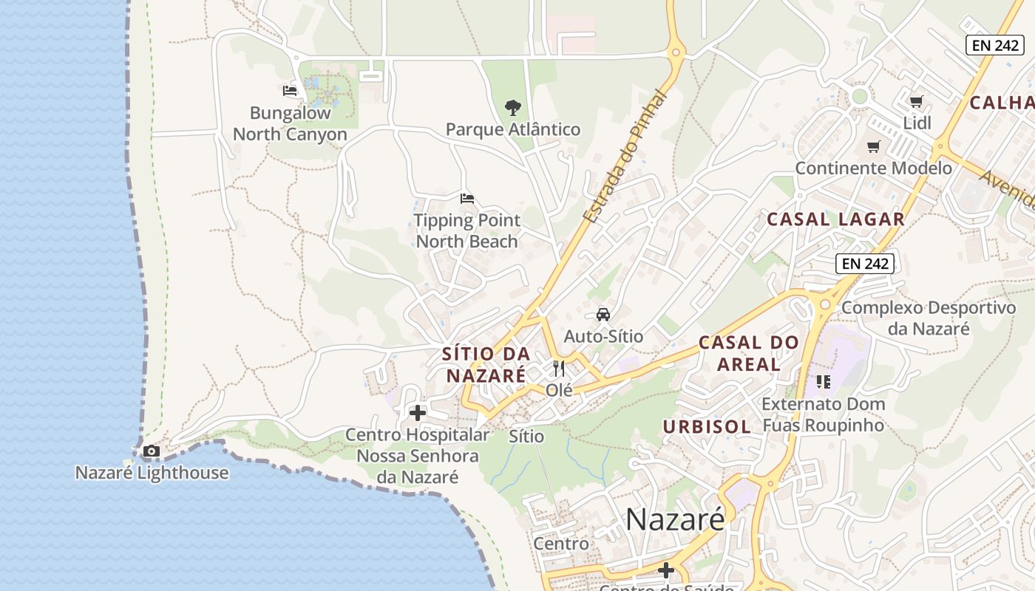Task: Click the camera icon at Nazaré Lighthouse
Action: [x=151, y=451]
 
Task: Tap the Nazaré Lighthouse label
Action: [x=152, y=473]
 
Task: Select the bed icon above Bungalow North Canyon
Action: [x=290, y=91]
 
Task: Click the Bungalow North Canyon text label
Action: [x=290, y=124]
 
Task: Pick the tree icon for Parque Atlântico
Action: [x=512, y=108]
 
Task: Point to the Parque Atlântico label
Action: [x=512, y=130]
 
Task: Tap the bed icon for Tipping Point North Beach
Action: [x=466, y=199]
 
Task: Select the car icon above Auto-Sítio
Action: [x=603, y=314]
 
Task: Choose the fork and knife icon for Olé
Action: [x=559, y=368]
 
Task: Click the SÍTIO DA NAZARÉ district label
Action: [x=486, y=364]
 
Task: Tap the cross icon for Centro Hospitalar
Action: [x=418, y=413]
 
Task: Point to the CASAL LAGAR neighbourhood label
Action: [x=835, y=219]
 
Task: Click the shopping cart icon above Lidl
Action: [x=917, y=101]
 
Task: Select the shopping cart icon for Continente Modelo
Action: [x=873, y=146]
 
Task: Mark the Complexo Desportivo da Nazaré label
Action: [x=929, y=318]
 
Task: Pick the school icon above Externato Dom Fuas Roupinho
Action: [x=823, y=382]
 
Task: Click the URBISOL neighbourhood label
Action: [x=707, y=426]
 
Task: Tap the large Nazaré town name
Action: [x=675, y=519]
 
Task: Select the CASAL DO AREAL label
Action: [x=749, y=353]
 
